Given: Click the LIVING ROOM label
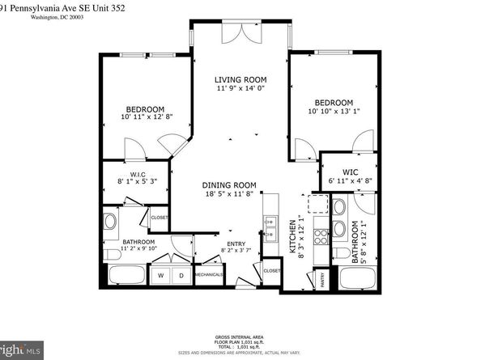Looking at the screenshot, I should point(240,79).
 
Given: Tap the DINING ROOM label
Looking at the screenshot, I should point(229,184).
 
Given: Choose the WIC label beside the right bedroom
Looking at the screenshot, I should point(351,172).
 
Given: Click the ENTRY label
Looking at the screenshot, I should point(236,244).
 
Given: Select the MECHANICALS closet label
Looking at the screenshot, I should point(208,274).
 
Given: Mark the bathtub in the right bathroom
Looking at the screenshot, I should point(358,279).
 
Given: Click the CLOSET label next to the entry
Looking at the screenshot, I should point(271,270).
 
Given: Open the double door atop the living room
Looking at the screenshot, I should point(240,32).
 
